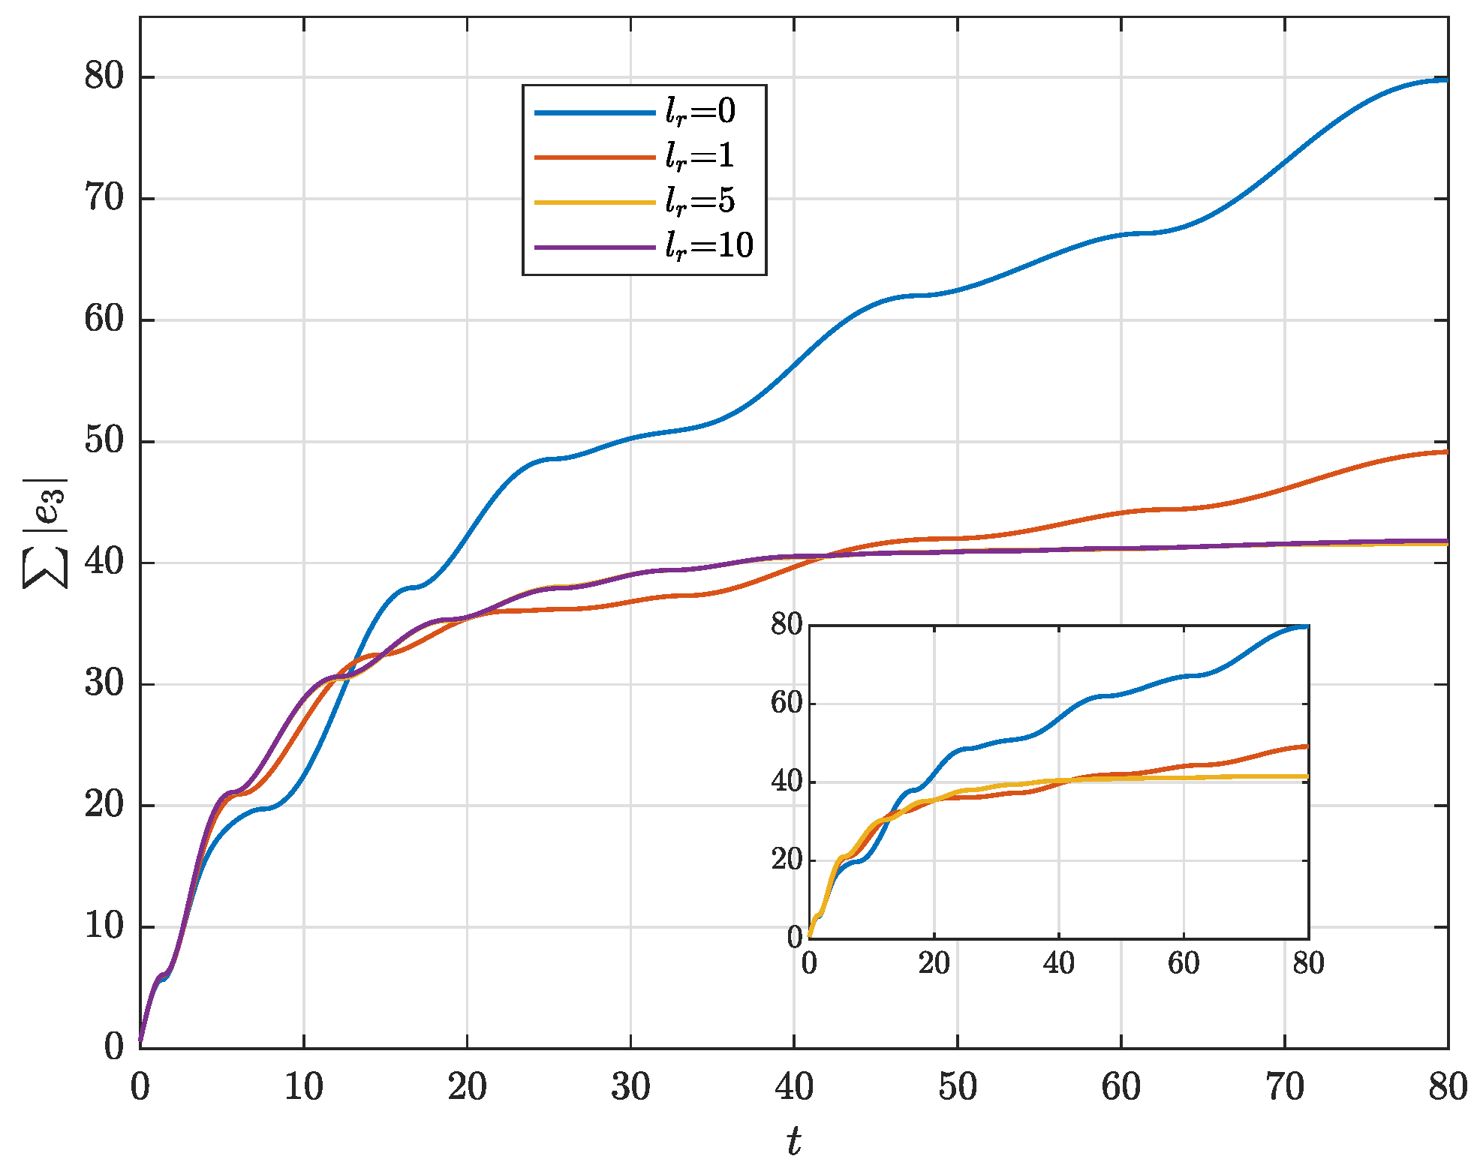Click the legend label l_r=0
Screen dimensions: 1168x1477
pos(700,112)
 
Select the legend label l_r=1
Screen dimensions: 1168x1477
pos(700,156)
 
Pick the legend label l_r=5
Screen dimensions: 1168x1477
pos(700,201)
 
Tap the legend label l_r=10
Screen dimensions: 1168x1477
pos(709,245)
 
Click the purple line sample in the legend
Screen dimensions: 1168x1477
pos(594,247)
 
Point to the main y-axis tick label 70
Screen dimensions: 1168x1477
pos(104,198)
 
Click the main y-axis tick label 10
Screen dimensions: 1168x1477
pos(104,926)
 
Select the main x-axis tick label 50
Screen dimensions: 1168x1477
pos(958,1087)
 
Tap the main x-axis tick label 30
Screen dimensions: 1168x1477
pos(630,1087)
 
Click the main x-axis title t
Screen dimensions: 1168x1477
pos(793,1141)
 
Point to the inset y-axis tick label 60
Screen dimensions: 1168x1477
pos(787,704)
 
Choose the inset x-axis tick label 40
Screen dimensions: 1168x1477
pos(1058,962)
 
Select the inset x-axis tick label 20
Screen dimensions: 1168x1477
pos(934,962)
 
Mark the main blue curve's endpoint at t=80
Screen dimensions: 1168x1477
pos(1446,80)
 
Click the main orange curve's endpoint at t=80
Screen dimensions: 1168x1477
pos(1446,452)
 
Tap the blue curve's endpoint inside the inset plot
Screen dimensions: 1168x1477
pos(1307,626)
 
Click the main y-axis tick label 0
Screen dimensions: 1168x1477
pos(114,1047)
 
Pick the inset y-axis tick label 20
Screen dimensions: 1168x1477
pos(787,860)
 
